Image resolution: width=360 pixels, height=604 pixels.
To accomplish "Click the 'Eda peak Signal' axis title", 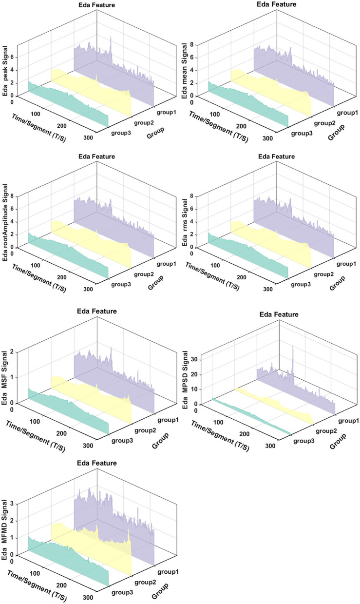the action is (x=5, y=71).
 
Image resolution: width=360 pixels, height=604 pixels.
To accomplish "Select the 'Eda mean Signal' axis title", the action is (x=184, y=71).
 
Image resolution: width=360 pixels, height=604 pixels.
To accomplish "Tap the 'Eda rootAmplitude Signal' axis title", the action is (x=5, y=222).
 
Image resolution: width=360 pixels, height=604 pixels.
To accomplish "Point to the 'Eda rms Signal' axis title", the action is (x=185, y=222).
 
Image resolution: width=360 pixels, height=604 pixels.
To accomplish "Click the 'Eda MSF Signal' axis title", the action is (x=4, y=378).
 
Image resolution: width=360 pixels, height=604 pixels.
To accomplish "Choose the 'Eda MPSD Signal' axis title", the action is (x=185, y=380).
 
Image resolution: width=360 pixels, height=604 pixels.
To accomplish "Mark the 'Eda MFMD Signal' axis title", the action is (x=4, y=530).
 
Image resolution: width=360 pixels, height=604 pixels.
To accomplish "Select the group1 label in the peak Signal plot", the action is (x=167, y=112).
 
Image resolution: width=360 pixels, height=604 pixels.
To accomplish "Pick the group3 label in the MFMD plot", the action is (x=122, y=592).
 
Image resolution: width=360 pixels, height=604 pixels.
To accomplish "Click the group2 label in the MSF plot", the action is (x=145, y=430).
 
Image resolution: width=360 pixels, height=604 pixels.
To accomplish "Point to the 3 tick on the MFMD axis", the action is (x=12, y=504).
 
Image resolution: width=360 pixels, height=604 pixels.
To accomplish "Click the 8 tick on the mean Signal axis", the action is (x=191, y=45).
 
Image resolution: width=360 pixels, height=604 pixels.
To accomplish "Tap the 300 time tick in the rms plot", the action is (x=268, y=290).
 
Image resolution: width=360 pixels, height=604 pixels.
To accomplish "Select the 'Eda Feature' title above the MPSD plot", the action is (x=279, y=314).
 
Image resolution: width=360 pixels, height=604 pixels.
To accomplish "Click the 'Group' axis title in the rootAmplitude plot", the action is (x=156, y=283).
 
